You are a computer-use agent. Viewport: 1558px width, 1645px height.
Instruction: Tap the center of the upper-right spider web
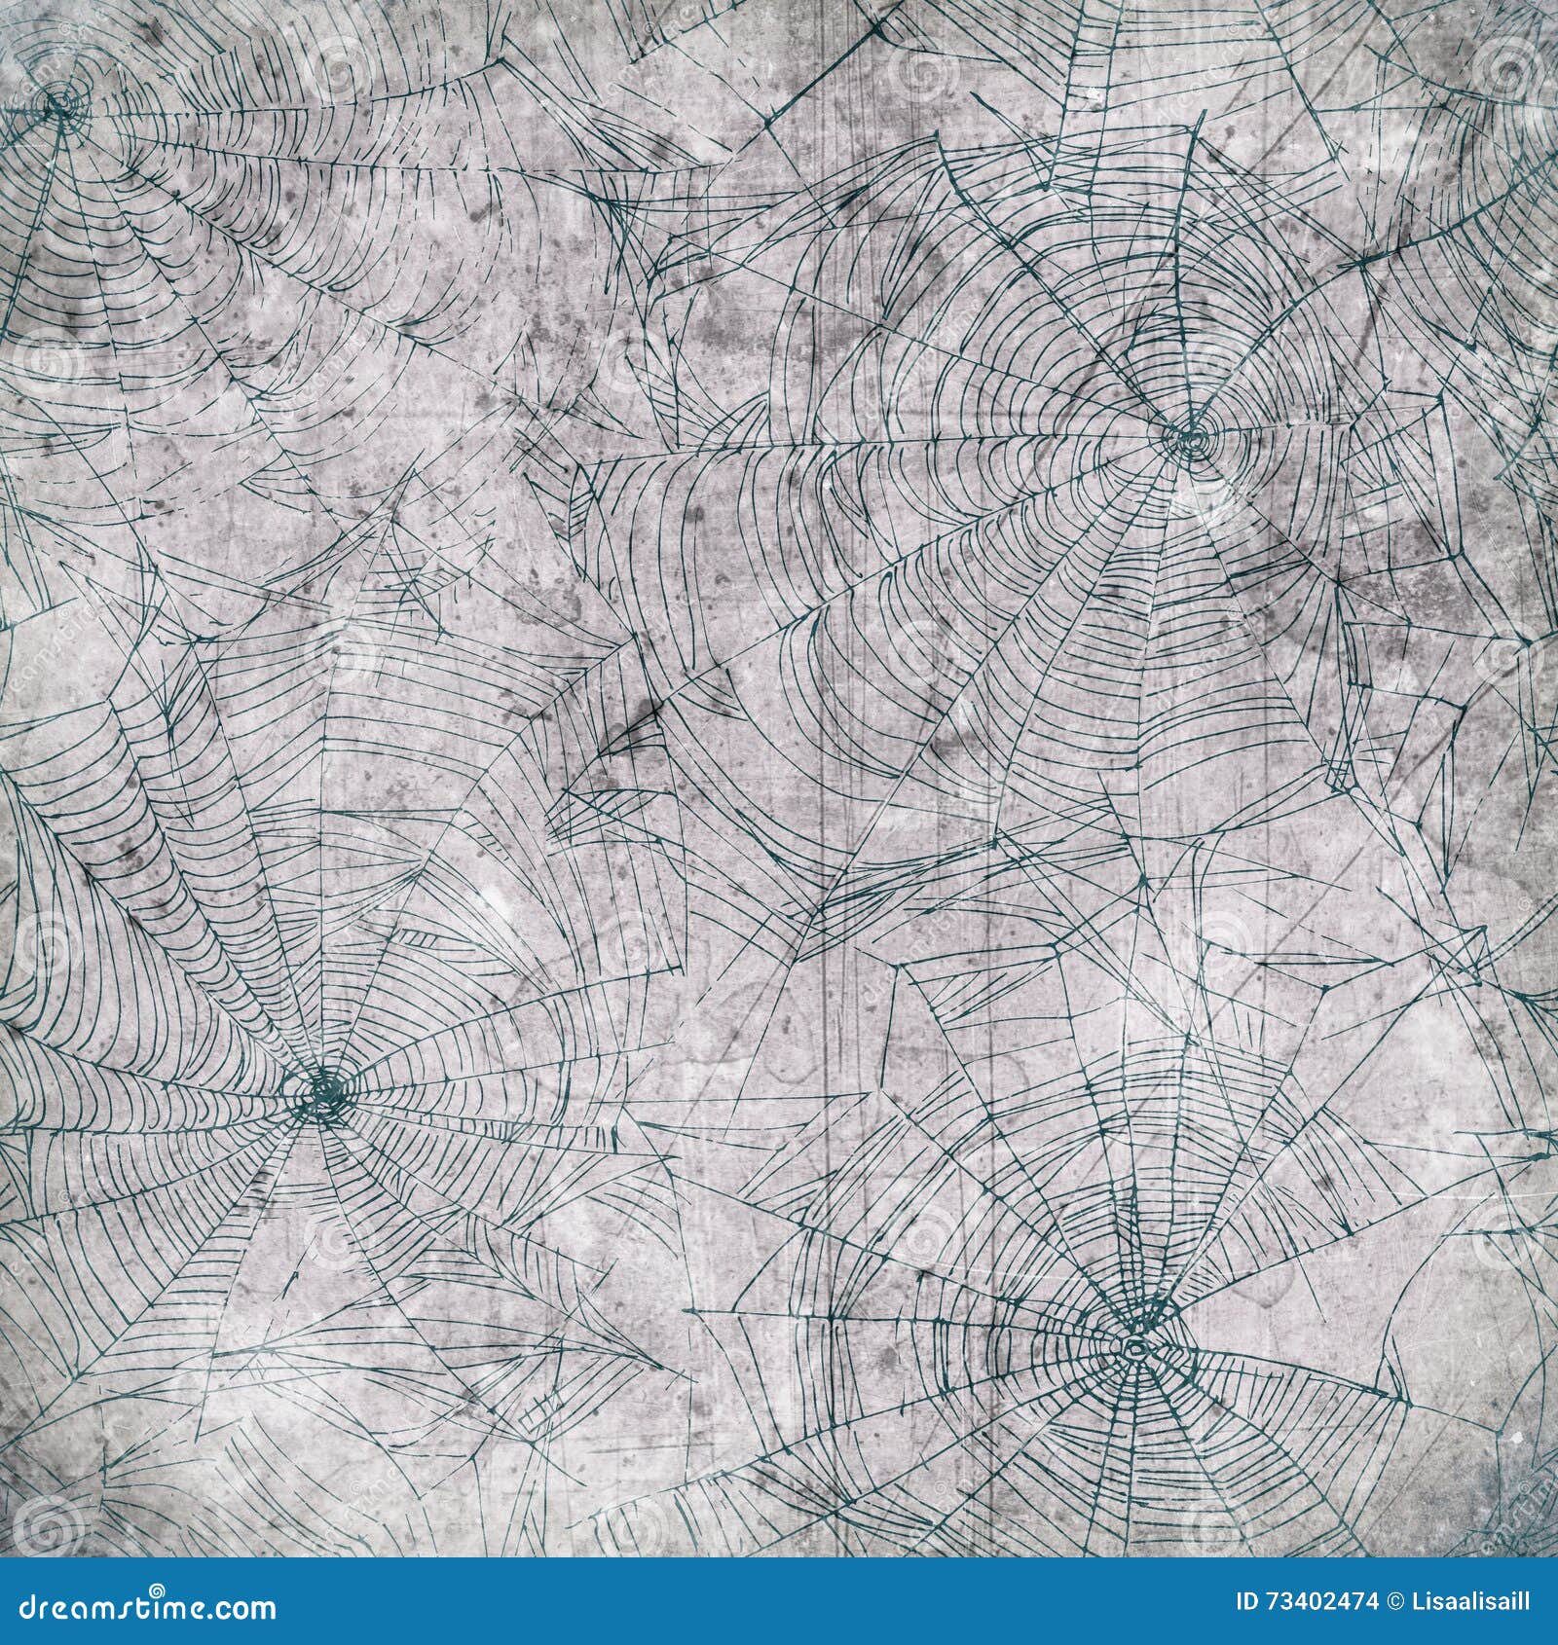(1190, 437)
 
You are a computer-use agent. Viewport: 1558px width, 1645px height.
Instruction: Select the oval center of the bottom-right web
(1134, 1348)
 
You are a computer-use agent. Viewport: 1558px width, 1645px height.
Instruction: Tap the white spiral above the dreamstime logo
(157, 1590)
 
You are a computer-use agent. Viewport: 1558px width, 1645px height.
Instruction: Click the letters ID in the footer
(1247, 1601)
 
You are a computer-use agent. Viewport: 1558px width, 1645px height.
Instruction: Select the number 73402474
(1321, 1601)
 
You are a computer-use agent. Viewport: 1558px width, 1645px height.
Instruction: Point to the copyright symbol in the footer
(1395, 1601)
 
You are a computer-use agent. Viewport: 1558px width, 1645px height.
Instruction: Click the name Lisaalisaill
(1471, 1601)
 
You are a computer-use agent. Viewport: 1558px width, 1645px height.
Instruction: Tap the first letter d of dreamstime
(28, 1608)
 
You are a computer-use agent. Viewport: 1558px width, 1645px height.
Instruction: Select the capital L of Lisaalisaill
(1418, 1601)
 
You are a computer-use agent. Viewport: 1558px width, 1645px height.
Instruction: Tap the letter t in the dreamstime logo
(141, 1608)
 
